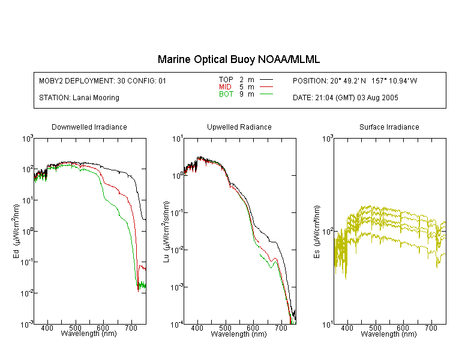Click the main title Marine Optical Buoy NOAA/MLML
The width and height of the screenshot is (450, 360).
238,59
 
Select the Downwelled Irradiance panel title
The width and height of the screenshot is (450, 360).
89,127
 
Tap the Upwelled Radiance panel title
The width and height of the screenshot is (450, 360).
239,127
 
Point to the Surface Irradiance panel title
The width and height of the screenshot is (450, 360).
389,127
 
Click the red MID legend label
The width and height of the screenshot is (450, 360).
225,86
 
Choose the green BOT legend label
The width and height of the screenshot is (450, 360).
226,94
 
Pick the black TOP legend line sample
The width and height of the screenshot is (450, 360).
266,80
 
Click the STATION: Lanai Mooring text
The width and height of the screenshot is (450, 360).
79,98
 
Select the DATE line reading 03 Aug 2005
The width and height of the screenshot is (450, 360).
345,98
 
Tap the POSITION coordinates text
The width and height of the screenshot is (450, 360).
355,80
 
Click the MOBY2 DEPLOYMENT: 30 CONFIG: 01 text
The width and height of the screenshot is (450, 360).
103,80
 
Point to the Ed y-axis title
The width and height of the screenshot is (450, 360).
16,232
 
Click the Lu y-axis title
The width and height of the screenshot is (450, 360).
166,232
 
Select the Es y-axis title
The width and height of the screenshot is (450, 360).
317,232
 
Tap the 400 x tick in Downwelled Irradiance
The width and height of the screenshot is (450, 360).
47,328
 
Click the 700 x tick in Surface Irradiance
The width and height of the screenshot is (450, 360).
431,328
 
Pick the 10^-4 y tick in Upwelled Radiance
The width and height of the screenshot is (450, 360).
176,325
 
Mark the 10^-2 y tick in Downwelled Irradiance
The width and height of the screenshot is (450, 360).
26,293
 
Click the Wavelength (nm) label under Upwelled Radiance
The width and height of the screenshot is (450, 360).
239,334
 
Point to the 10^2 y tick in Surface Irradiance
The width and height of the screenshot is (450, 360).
327,232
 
